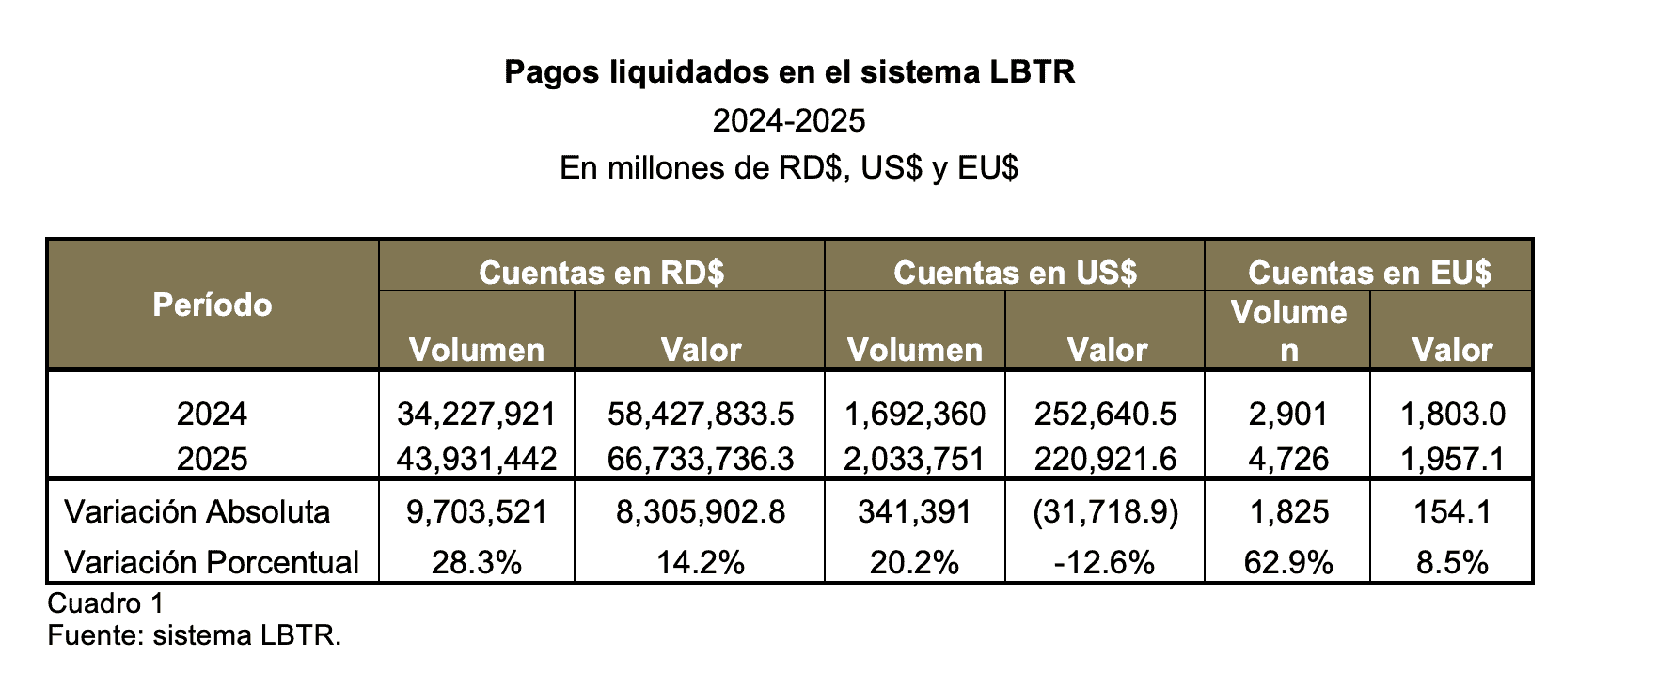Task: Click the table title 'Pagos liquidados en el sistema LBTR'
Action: [x=789, y=72]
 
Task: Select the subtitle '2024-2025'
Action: [x=789, y=121]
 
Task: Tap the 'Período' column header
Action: [x=213, y=305]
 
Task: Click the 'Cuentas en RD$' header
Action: [x=601, y=273]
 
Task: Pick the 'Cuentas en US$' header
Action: [x=1015, y=273]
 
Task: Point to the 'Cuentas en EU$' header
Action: [x=1369, y=273]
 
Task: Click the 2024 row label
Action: [x=213, y=414]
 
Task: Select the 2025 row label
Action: [x=213, y=459]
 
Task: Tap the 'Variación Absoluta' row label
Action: [x=197, y=512]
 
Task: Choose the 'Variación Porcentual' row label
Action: [x=212, y=562]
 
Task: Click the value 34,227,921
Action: [x=477, y=414]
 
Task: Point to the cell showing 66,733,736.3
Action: [x=701, y=459]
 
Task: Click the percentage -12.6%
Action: [x=1104, y=562]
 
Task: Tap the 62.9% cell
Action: [x=1288, y=562]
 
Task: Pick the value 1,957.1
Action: [x=1452, y=459]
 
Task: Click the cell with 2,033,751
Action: [x=914, y=459]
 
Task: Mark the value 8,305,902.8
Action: [x=701, y=512]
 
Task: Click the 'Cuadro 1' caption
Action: [x=105, y=603]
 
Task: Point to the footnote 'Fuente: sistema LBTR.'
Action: [x=194, y=635]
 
